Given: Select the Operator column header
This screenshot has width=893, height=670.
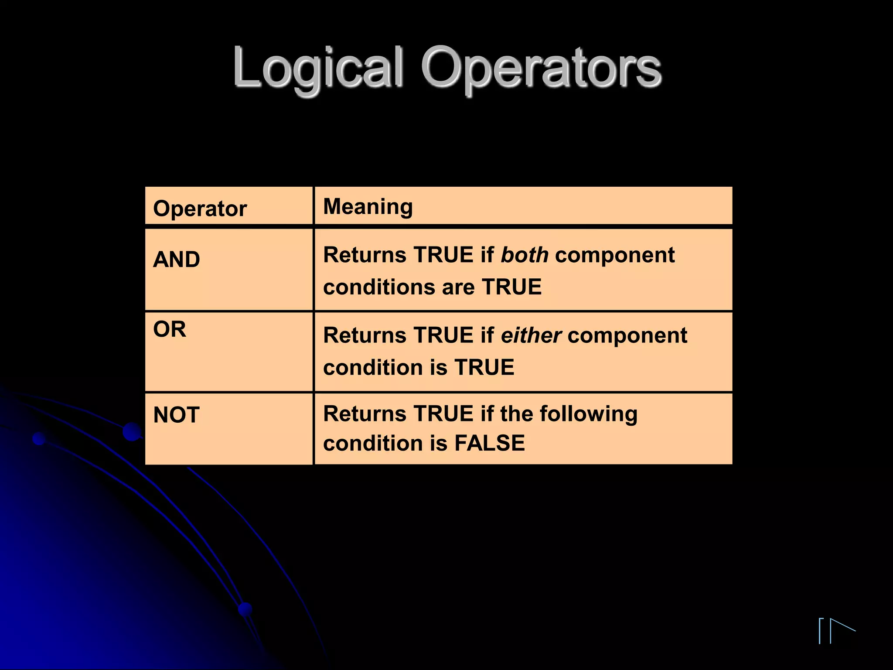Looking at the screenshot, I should [200, 209].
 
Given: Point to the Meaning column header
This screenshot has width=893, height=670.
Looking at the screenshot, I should [368, 206].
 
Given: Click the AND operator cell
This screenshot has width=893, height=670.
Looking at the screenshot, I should [177, 260].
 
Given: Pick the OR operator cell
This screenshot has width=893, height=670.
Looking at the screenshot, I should [170, 329].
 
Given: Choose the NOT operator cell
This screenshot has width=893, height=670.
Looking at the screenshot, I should [176, 415].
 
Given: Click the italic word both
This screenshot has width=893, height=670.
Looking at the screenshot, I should [525, 255].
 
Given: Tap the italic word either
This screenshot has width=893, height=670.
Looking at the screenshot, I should [531, 335].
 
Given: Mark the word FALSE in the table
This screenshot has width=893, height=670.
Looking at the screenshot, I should [490, 443].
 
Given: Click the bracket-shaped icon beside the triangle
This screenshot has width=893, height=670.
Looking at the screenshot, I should [821, 630].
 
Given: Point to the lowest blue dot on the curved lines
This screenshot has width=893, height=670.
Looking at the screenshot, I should [245, 609].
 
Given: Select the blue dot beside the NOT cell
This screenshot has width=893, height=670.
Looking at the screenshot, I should [131, 431].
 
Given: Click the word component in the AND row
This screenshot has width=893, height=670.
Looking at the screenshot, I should [615, 255].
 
